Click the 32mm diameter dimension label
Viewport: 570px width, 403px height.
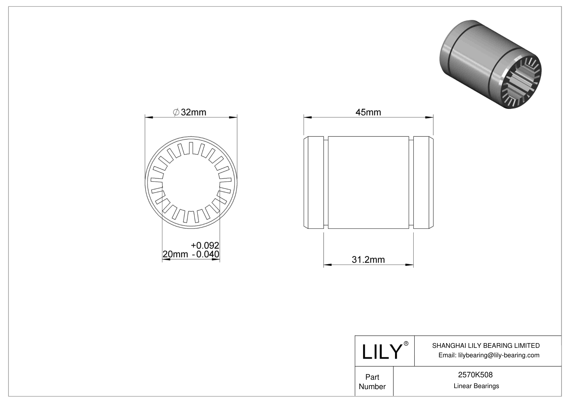pos(193,112)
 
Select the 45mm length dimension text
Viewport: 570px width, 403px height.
pos(368,112)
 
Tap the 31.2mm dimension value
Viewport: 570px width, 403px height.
pos(368,260)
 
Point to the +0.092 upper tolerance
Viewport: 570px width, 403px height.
pos(205,245)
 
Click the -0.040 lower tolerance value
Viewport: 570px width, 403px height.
pos(205,254)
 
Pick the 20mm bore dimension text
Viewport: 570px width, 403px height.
pos(175,254)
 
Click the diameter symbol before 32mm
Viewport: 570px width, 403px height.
pos(176,112)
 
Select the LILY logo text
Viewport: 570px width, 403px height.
pos(381,352)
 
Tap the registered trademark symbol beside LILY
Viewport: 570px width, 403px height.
pos(406,343)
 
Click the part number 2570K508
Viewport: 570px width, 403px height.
pos(475,375)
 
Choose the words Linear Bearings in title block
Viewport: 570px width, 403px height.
pos(476,386)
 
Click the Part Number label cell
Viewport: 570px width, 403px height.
pos(372,382)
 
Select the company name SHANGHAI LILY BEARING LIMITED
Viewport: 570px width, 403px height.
pos(486,345)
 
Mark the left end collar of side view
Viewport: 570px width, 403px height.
pos(315,182)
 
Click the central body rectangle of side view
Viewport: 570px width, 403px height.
pos(368,182)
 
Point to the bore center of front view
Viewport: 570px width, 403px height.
pos(191,182)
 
